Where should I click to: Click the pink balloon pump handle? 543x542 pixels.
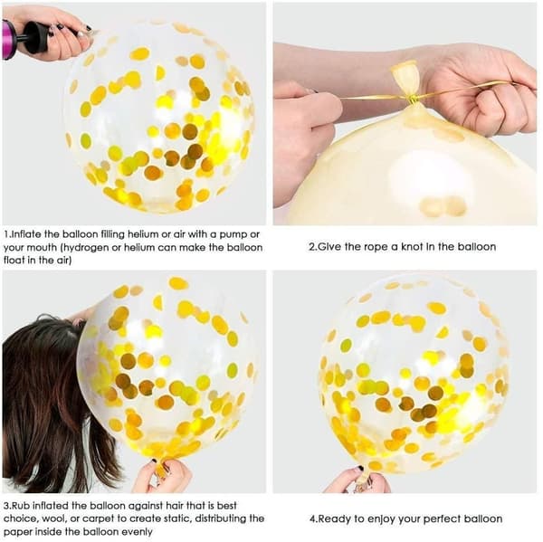[9, 39]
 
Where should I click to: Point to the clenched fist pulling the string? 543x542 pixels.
[499, 104]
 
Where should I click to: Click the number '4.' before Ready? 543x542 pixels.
[314, 519]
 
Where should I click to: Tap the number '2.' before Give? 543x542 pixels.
[313, 247]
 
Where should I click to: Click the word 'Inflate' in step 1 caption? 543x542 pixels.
[27, 234]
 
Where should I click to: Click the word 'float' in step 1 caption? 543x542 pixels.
[14, 261]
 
